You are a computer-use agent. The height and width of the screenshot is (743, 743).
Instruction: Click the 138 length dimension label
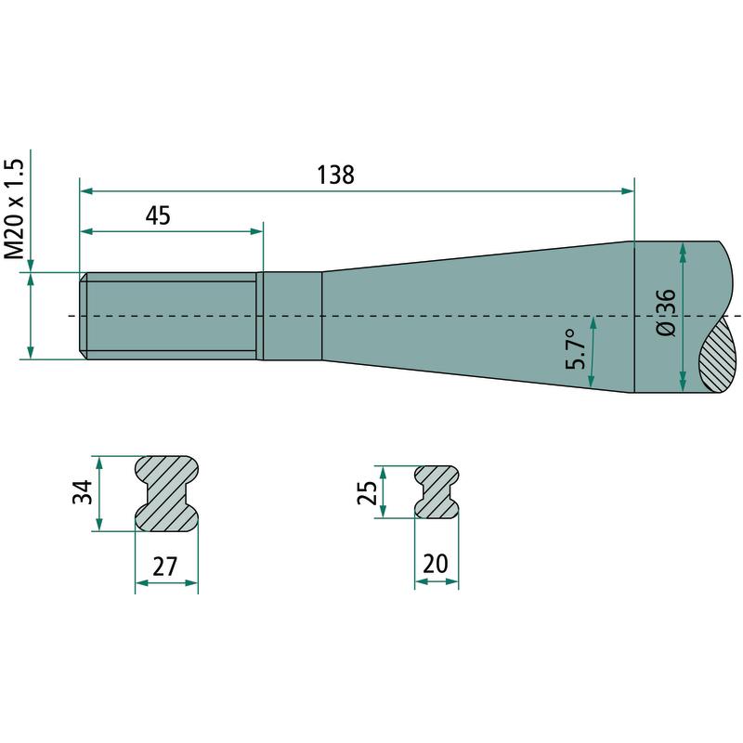pyautogui.click(x=335, y=175)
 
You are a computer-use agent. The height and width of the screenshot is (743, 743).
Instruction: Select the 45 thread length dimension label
pyautogui.click(x=158, y=215)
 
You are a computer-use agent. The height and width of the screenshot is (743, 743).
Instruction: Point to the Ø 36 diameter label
pyautogui.click(x=667, y=313)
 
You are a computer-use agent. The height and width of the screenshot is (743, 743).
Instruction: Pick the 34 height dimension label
pyautogui.click(x=83, y=492)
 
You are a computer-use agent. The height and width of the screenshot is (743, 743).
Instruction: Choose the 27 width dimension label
pyautogui.click(x=165, y=567)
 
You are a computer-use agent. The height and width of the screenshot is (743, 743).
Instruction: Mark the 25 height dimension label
pyautogui.click(x=367, y=492)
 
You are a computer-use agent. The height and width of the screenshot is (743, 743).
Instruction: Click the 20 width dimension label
pyautogui.click(x=435, y=564)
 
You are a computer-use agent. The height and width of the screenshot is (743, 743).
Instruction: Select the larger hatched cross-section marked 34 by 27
pyautogui.click(x=167, y=494)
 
